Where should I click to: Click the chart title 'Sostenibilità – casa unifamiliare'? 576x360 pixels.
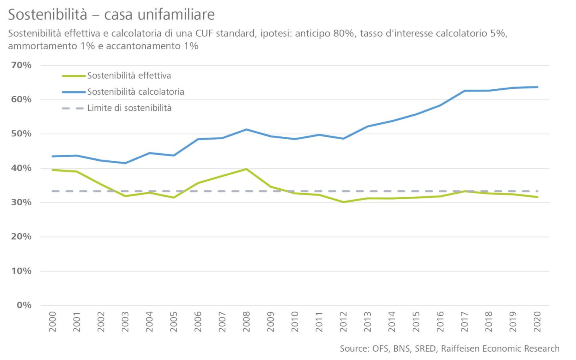click(111, 14)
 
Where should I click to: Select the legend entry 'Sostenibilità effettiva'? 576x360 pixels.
click(129, 76)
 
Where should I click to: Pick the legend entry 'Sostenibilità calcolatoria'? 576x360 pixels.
click(136, 92)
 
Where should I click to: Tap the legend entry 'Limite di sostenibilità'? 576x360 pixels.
click(129, 108)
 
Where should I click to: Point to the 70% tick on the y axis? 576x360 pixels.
click(22, 65)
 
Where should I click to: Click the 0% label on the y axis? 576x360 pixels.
click(24, 305)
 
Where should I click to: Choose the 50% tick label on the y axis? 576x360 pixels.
click(22, 134)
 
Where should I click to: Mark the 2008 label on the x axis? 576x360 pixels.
click(246, 322)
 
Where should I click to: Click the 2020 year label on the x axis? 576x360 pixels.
click(537, 322)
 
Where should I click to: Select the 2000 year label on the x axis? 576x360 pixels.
click(52, 322)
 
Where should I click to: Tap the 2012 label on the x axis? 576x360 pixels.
click(343, 322)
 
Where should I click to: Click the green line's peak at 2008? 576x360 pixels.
click(246, 169)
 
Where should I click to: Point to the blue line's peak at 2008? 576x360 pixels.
click(246, 129)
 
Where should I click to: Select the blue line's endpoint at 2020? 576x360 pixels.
click(537, 87)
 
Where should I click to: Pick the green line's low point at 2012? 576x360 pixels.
click(343, 202)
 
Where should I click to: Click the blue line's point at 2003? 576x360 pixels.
click(125, 163)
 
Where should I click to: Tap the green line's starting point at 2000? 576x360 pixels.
click(52, 170)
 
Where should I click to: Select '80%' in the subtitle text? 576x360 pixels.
click(343, 33)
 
